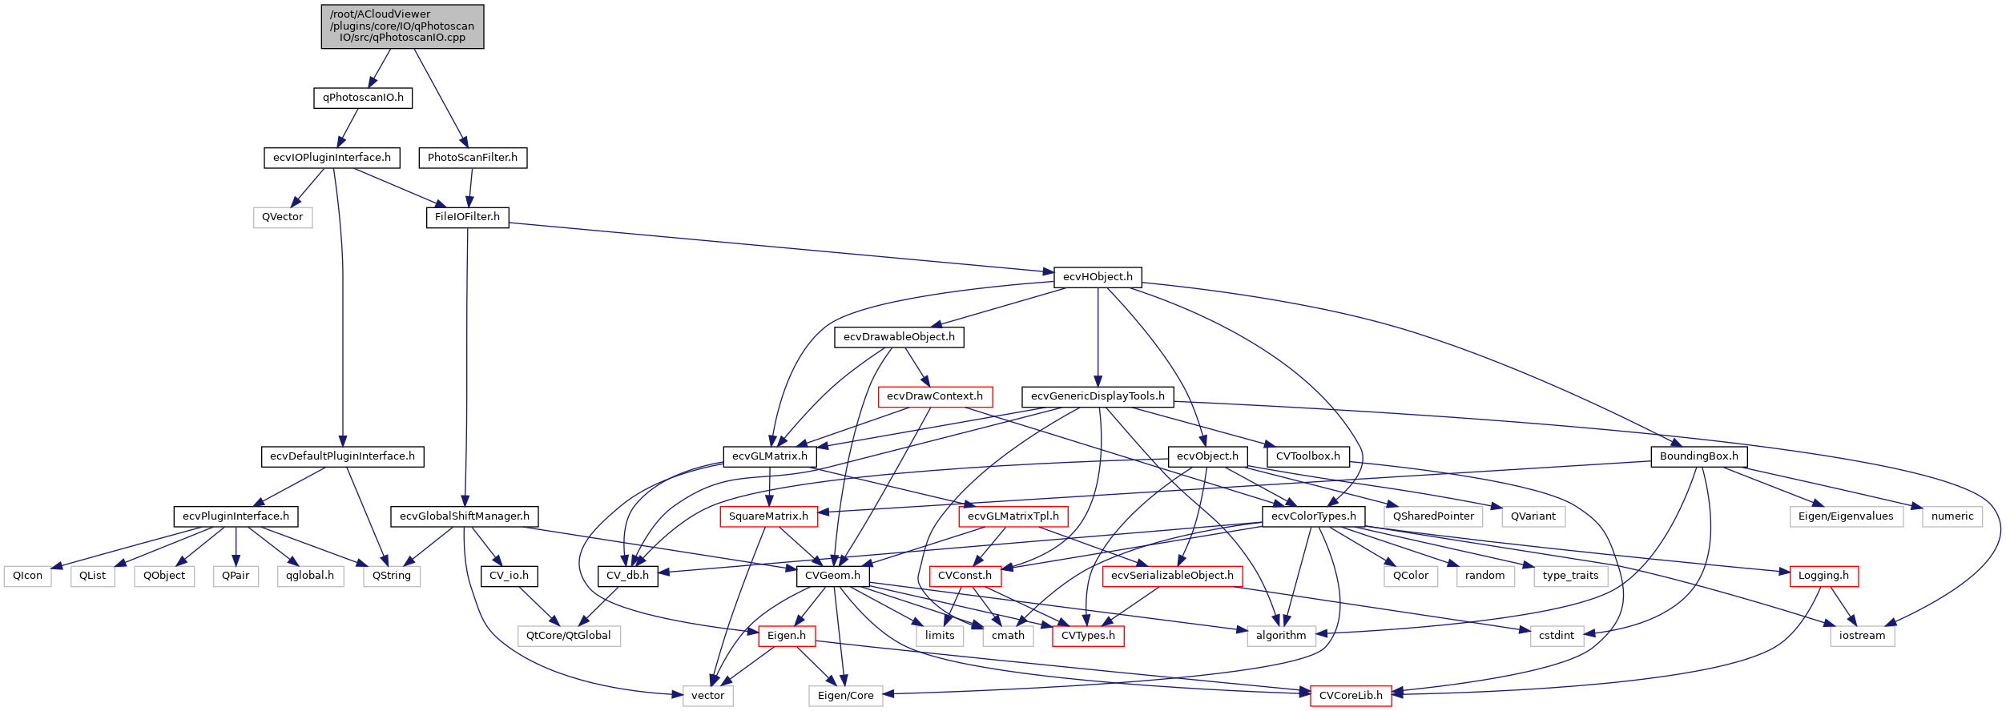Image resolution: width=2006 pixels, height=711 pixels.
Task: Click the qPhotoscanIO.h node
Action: tap(363, 98)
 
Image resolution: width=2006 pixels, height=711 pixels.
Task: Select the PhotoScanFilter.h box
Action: tap(473, 158)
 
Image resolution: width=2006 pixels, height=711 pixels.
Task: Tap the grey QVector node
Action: tap(283, 217)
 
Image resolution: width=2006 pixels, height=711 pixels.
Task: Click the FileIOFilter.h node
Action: tap(467, 217)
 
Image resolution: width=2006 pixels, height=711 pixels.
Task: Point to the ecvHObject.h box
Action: tap(1098, 277)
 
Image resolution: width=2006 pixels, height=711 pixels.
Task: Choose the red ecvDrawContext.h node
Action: tap(935, 396)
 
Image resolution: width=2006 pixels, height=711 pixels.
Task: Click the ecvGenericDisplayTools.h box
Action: tap(1098, 396)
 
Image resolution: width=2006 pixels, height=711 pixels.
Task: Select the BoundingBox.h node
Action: tap(1698, 456)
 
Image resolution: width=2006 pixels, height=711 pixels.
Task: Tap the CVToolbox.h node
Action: tap(1307, 456)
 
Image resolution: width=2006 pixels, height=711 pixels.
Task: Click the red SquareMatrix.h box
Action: tap(768, 516)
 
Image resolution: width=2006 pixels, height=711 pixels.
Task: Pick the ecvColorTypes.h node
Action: tap(1313, 516)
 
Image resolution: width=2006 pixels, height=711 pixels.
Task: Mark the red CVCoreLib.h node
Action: tap(1351, 696)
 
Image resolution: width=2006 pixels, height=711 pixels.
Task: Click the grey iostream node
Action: tap(1862, 636)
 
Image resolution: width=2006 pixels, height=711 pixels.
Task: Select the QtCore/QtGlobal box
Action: tap(569, 636)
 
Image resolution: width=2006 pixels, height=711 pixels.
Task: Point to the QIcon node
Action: tap(28, 576)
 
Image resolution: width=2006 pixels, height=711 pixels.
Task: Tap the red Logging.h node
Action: tap(1823, 576)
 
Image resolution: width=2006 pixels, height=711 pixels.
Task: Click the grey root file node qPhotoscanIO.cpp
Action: tap(402, 26)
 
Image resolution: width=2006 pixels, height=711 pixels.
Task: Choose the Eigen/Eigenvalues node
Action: tap(1846, 516)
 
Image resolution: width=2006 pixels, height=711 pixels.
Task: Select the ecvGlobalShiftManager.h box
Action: tap(465, 516)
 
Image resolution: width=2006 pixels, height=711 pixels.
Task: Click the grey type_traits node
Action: tap(1570, 576)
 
